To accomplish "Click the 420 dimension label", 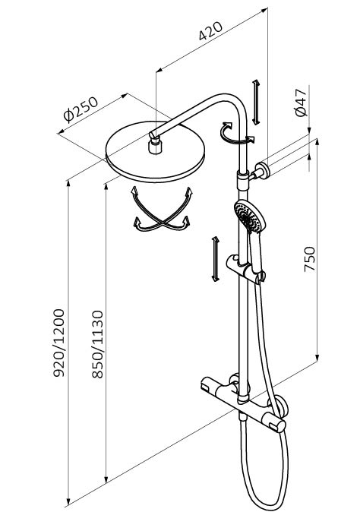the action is pyautogui.click(x=211, y=30).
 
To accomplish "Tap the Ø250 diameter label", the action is pyautogui.click(x=81, y=109).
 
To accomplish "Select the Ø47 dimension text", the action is pyautogui.click(x=301, y=103).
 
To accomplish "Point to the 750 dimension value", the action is pyautogui.click(x=310, y=259).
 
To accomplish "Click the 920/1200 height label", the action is pyautogui.click(x=59, y=343).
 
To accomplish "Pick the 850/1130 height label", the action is pyautogui.click(x=97, y=344).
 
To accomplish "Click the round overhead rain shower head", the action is pyautogui.click(x=156, y=152).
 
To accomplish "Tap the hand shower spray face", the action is pyautogui.click(x=250, y=216).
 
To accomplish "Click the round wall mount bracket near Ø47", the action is pyautogui.click(x=261, y=171).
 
